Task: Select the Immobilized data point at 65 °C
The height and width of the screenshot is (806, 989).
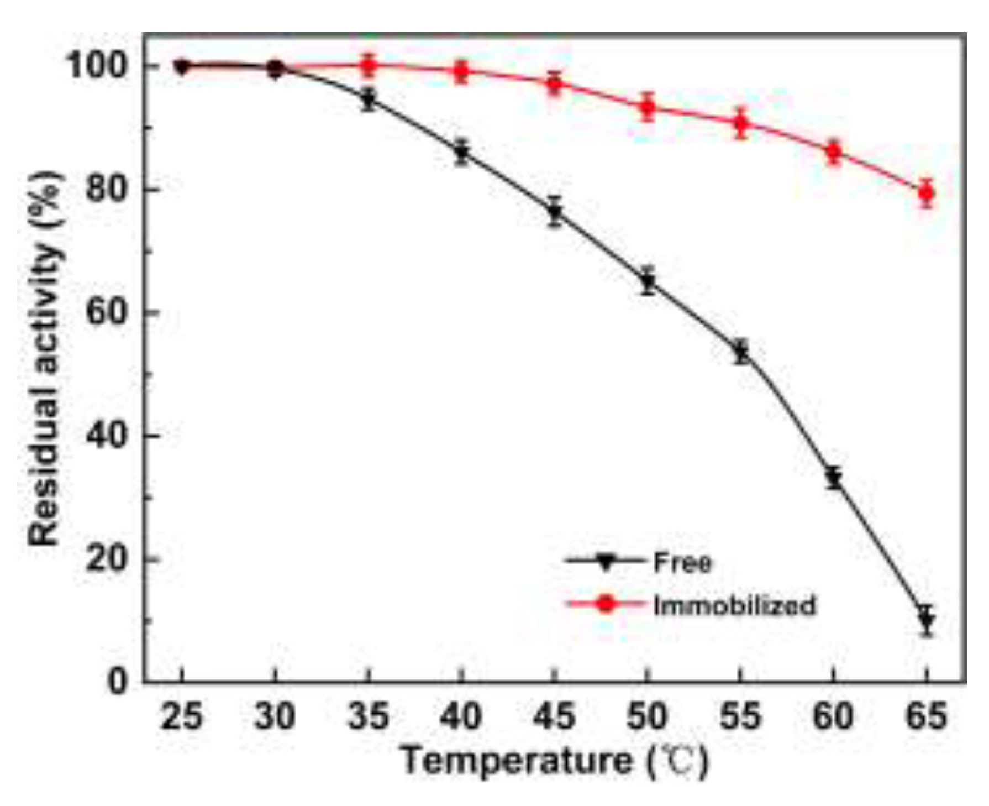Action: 927,193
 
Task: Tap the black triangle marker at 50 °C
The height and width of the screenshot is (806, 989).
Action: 648,282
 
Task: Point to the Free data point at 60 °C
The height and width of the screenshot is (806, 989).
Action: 834,478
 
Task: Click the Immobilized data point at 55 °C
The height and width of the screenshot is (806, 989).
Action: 741,123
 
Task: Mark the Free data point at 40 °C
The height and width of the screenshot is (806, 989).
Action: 462,153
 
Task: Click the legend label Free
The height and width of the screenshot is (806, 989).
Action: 682,562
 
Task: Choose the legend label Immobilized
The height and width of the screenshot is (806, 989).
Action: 734,605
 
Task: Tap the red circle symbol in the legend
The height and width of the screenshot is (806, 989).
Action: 606,604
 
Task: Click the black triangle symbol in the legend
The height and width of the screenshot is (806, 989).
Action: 606,562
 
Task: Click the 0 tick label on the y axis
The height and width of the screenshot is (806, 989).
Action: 117,682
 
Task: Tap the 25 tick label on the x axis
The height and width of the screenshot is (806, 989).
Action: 181,716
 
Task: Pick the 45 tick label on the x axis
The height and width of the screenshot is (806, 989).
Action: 554,716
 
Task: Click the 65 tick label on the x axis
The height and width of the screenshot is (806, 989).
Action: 927,716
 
